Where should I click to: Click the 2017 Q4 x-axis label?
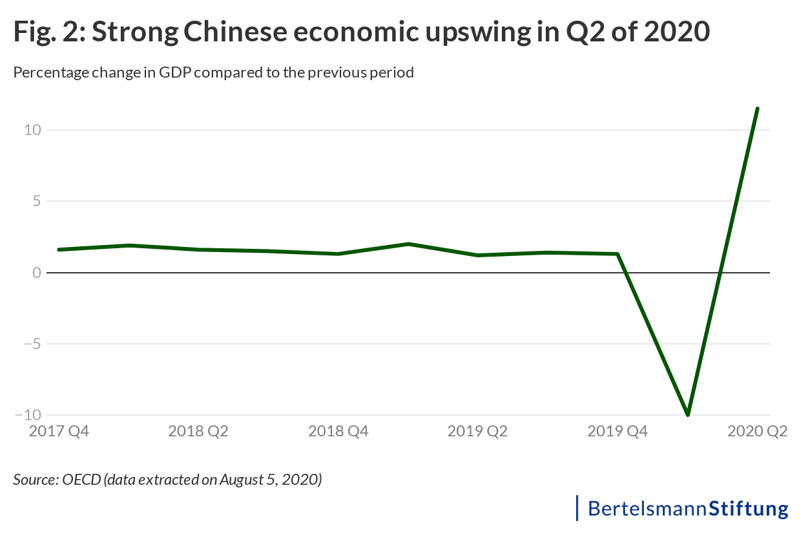[x=59, y=431]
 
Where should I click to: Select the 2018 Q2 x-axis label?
[x=198, y=431]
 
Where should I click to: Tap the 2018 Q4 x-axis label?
[x=338, y=431]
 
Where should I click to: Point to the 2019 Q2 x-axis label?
[x=478, y=431]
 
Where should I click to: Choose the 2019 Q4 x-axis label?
[x=618, y=431]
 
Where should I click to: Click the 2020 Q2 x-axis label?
[x=758, y=431]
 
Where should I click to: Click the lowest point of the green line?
[x=688, y=414]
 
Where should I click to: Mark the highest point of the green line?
[x=758, y=109]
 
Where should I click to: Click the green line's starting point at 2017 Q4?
[x=59, y=250]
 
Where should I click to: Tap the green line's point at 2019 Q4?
[x=618, y=254]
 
